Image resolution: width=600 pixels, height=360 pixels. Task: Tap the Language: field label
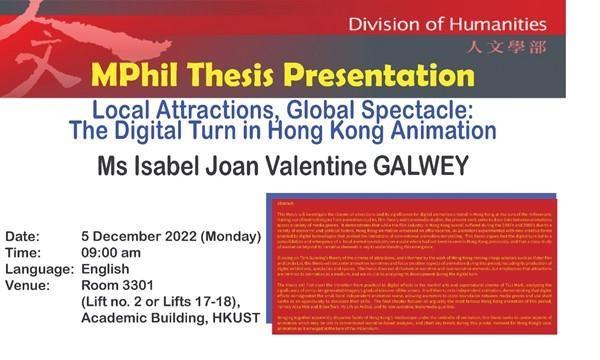coord(40,269)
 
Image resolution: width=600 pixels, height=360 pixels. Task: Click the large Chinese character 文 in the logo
coord(40,60)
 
